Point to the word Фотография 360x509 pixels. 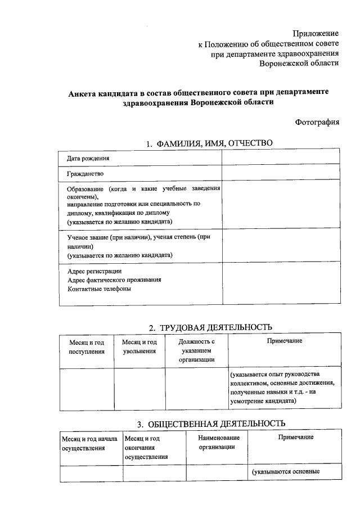[317, 122]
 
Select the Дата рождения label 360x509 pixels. [88, 158]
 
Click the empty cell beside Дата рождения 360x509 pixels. [280, 158]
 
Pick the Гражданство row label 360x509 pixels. [85, 173]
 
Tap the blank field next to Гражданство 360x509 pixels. [280, 173]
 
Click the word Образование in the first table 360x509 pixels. [85, 188]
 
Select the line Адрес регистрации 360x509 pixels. [94, 271]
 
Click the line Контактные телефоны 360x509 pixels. [99, 289]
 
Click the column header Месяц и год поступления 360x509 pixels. [87, 346]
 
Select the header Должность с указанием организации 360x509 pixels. [196, 351]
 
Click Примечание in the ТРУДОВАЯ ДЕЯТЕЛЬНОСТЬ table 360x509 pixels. [285, 341]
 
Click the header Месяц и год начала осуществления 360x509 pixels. [90, 443]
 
